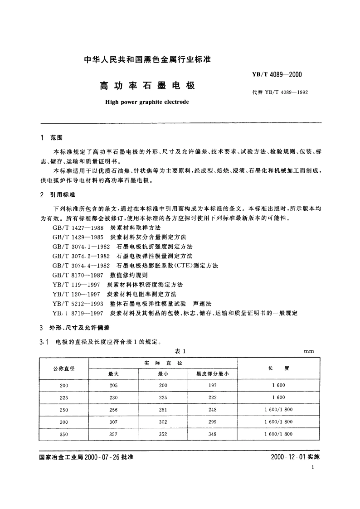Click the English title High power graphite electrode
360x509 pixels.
click(x=147, y=102)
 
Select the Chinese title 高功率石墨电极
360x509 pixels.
click(x=147, y=85)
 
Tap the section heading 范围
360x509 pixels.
click(x=57, y=137)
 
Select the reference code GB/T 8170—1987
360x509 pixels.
click(x=79, y=275)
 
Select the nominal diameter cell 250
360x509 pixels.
click(x=64, y=410)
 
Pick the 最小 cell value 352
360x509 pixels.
click(x=163, y=434)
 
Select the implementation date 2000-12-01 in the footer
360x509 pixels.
click(x=288, y=457)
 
